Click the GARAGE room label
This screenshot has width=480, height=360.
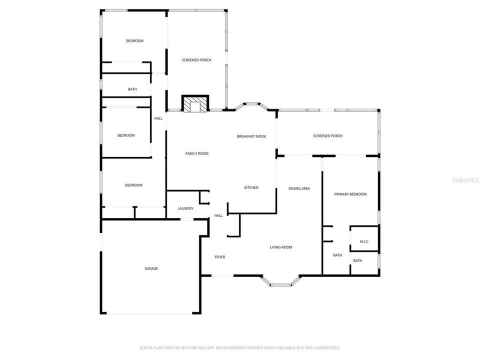(151, 268)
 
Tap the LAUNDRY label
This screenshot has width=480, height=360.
(185, 209)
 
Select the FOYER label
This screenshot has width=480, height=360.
(219, 257)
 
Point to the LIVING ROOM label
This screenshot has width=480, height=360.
(280, 247)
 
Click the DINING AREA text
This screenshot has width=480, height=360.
(299, 188)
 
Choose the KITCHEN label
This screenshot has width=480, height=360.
(251, 187)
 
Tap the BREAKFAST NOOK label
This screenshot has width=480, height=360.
(251, 136)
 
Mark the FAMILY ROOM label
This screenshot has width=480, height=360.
(196, 153)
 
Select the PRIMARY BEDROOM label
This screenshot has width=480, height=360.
(350, 194)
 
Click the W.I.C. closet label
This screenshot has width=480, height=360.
(364, 242)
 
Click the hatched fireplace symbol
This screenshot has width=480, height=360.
(193, 104)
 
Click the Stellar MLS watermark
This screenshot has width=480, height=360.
(464, 179)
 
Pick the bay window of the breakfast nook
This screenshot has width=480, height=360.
(255, 105)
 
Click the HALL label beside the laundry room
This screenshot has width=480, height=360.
(218, 215)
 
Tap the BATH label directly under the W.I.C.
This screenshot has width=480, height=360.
(357, 260)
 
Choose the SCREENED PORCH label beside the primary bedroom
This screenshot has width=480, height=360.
(327, 136)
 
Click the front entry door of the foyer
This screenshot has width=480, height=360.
(222, 275)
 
